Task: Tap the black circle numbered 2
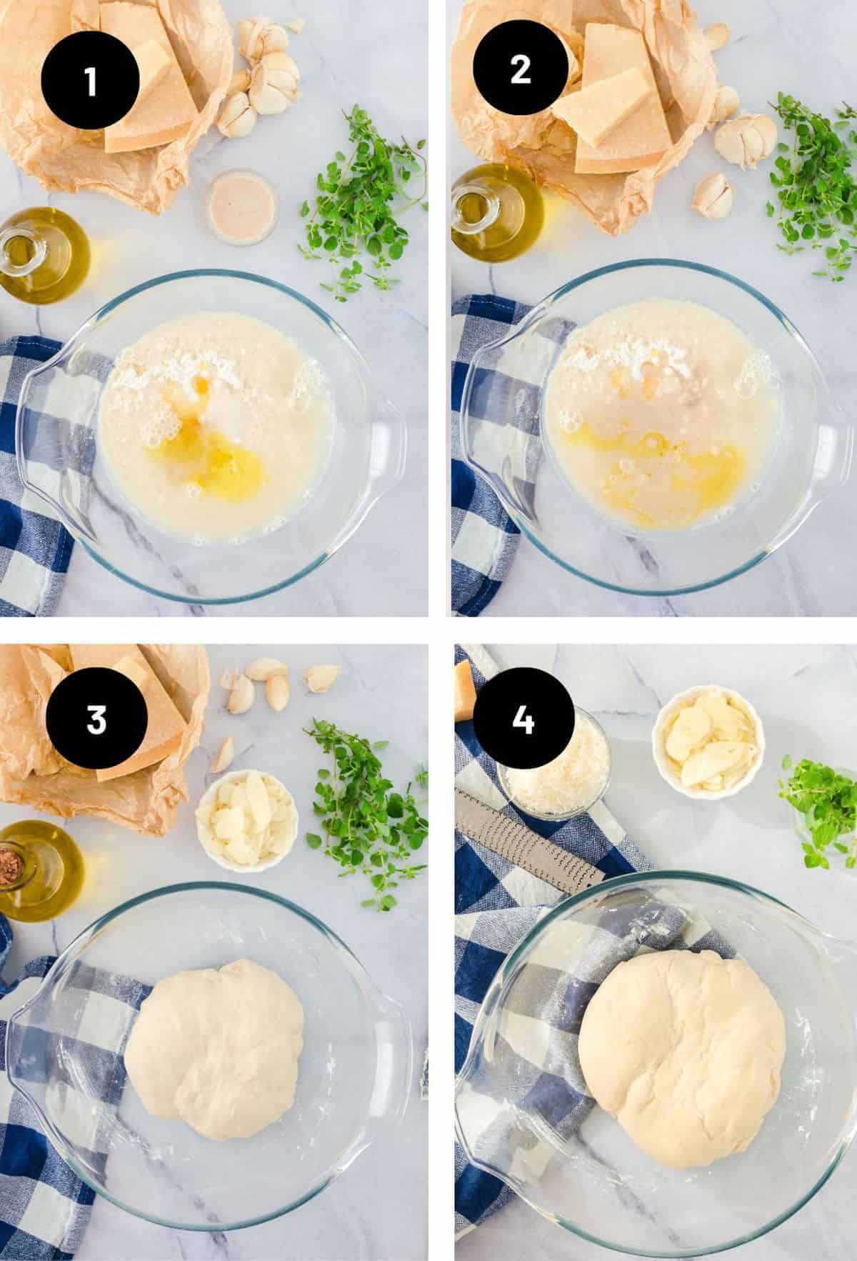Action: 521,70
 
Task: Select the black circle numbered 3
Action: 97,721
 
